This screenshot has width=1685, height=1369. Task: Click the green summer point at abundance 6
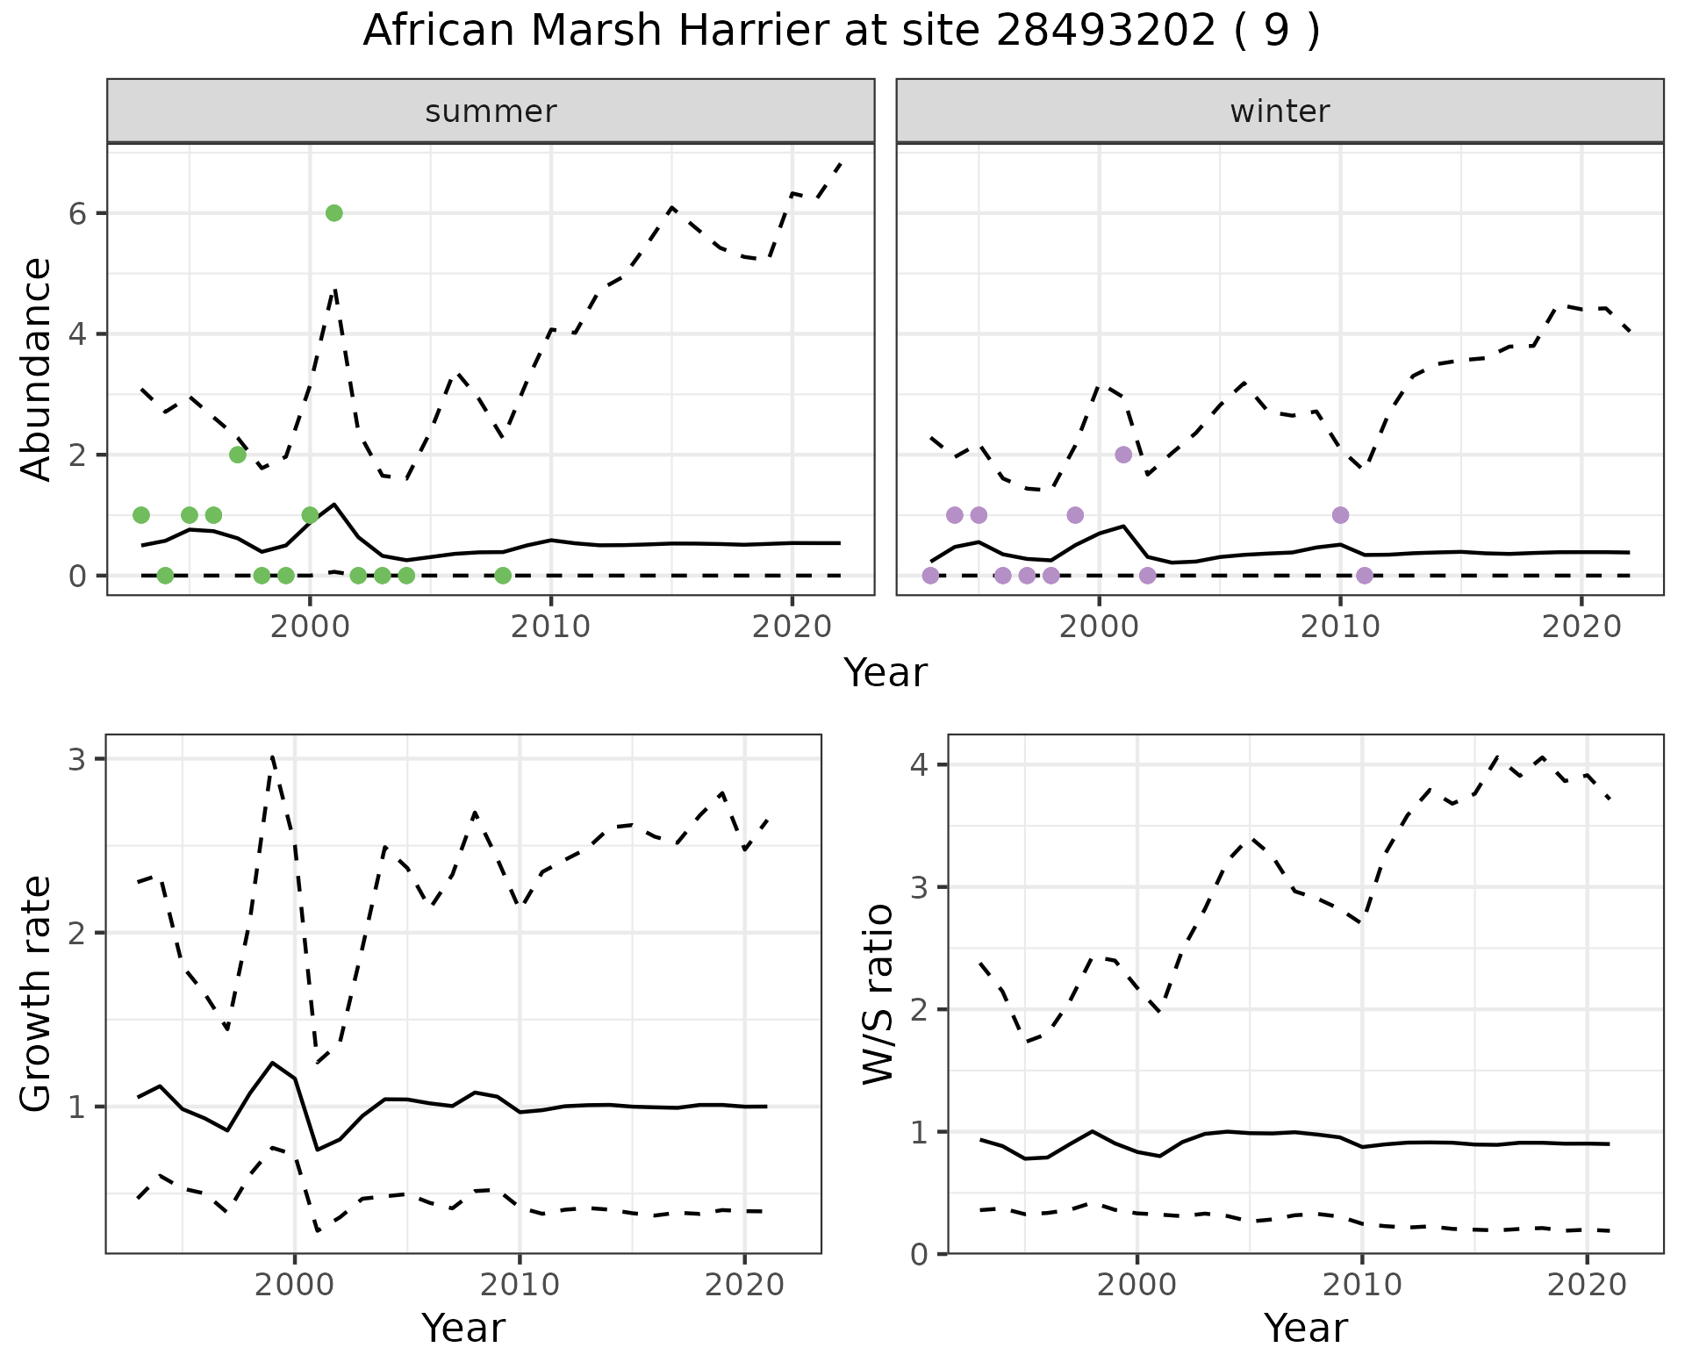[x=333, y=213]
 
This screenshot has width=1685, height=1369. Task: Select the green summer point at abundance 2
[x=237, y=455]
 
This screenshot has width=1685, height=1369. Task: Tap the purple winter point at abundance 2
[x=1123, y=455]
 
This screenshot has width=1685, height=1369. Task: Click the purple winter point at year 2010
[x=1340, y=515]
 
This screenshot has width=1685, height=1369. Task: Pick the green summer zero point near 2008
[x=503, y=576]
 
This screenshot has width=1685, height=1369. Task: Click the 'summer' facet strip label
[x=491, y=111]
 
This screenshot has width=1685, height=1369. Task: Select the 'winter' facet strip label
[x=1280, y=111]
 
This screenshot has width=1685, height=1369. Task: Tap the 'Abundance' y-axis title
[x=37, y=369]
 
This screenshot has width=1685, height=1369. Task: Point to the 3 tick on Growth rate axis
[x=77, y=759]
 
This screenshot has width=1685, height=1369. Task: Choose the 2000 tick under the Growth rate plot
[x=295, y=1286]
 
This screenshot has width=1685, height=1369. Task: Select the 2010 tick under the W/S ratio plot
[x=1362, y=1286]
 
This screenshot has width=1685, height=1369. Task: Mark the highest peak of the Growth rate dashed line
[x=273, y=756]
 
